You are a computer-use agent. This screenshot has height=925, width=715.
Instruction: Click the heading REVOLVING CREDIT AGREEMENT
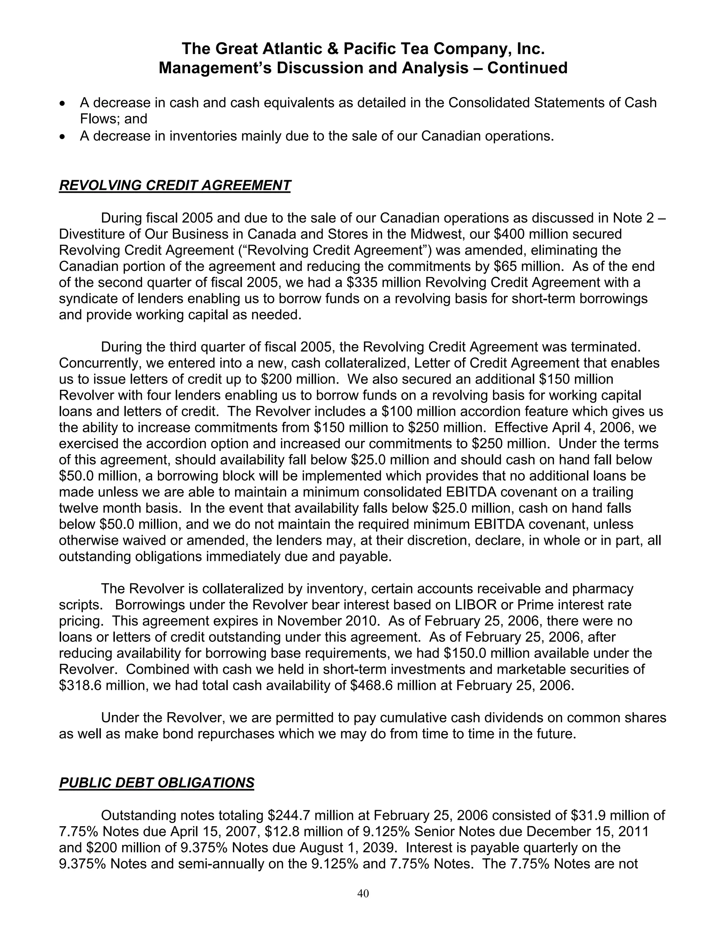(175, 185)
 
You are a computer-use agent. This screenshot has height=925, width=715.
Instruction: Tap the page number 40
(363, 893)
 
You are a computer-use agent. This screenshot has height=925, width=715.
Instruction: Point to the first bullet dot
(63, 104)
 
